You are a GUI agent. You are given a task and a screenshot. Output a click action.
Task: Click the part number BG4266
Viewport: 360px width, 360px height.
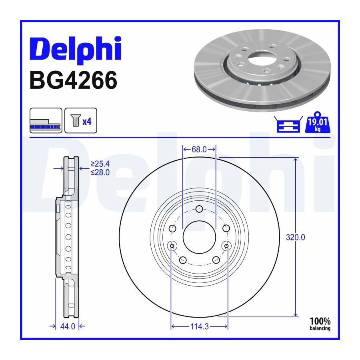74,80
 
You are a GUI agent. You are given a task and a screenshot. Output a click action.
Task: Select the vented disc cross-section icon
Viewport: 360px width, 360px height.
46,120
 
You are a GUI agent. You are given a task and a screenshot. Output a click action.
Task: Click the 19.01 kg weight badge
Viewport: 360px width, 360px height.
317,122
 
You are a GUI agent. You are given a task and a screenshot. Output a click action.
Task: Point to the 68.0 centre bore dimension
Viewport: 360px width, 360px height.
199,150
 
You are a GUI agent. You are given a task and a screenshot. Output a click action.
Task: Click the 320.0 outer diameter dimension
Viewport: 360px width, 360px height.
296,237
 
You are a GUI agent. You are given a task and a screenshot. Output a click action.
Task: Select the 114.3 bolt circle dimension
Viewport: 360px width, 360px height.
200,326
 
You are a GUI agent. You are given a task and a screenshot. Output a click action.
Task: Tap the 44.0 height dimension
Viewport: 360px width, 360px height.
68,326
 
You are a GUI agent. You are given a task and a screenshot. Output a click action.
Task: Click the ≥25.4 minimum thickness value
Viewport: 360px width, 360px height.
100,164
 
